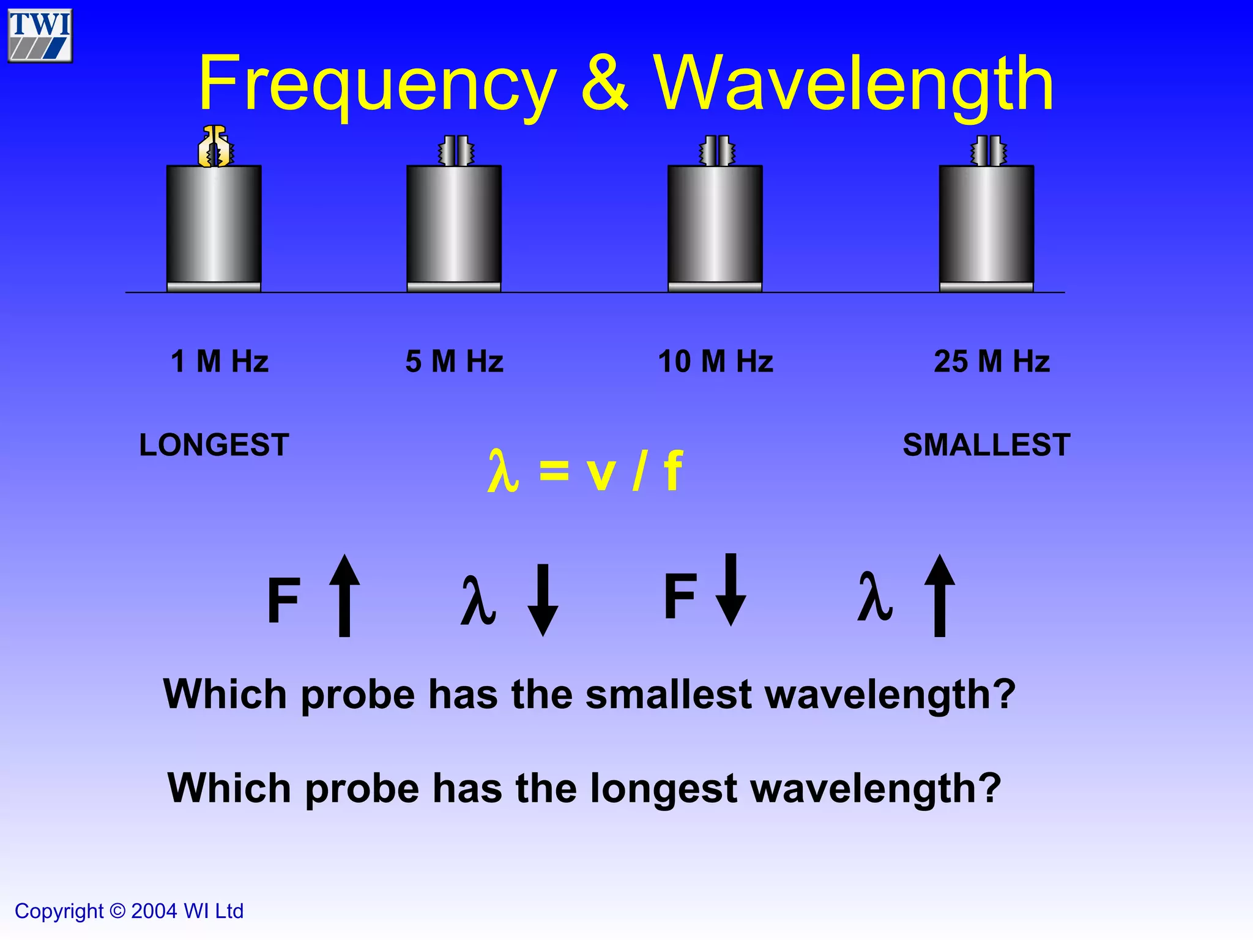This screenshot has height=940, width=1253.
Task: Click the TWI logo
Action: pyautogui.click(x=40, y=35)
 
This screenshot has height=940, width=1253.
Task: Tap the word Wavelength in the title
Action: pyautogui.click(x=854, y=84)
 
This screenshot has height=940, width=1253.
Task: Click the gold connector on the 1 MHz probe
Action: pyautogui.click(x=215, y=146)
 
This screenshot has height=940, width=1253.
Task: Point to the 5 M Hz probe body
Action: pyautogui.click(x=454, y=227)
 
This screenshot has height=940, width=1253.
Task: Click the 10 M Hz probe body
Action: pyautogui.click(x=715, y=227)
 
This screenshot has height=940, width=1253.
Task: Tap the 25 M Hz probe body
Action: pyautogui.click(x=986, y=227)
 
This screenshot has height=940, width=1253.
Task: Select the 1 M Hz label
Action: pyautogui.click(x=220, y=361)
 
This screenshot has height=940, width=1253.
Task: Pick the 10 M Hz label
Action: pyautogui.click(x=715, y=361)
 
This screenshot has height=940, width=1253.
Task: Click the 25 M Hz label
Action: pyautogui.click(x=992, y=361)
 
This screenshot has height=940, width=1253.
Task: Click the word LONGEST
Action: pyautogui.click(x=214, y=445)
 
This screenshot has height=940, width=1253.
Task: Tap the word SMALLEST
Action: pyautogui.click(x=986, y=445)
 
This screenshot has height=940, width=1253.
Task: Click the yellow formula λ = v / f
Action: pyautogui.click(x=585, y=471)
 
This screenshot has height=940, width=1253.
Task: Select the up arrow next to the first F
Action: pyautogui.click(x=344, y=595)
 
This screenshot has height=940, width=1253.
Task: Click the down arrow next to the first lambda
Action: pyautogui.click(x=543, y=600)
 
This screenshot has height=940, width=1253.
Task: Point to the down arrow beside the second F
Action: pyautogui.click(x=731, y=589)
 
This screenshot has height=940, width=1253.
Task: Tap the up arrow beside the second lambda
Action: pyautogui.click(x=940, y=595)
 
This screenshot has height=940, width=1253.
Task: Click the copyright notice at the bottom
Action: pyautogui.click(x=129, y=911)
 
